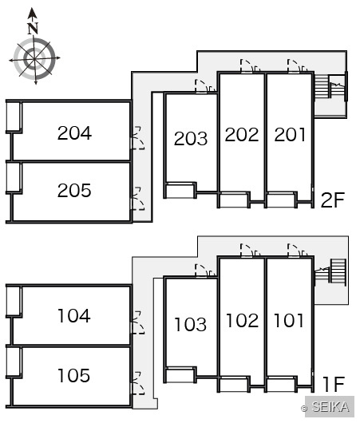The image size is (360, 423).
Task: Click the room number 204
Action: [74, 133]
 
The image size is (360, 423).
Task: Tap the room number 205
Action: [74, 191]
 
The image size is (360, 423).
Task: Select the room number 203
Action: [191, 139]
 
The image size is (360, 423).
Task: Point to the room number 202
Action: [242, 135]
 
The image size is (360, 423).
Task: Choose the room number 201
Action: [290, 135]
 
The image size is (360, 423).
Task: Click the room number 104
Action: [74, 316]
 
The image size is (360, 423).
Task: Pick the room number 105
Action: [74, 376]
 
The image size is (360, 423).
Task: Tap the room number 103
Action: [191, 324]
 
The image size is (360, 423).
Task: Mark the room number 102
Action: [243, 321]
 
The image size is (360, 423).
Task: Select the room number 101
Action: [289, 321]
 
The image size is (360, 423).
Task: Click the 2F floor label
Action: [333, 200]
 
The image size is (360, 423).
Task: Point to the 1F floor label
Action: [334, 385]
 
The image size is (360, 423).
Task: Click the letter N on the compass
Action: [33, 29]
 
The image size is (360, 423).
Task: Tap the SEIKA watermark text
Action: [330, 406]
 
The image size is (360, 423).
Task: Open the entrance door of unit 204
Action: [137, 138]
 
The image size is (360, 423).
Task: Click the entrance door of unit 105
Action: [137, 383]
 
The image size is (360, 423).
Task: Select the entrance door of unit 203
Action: [205, 86]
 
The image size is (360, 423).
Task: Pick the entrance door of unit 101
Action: [298, 251]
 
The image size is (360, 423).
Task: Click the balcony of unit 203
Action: [180, 191]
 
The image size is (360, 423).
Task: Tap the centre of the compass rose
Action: [34, 58]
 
